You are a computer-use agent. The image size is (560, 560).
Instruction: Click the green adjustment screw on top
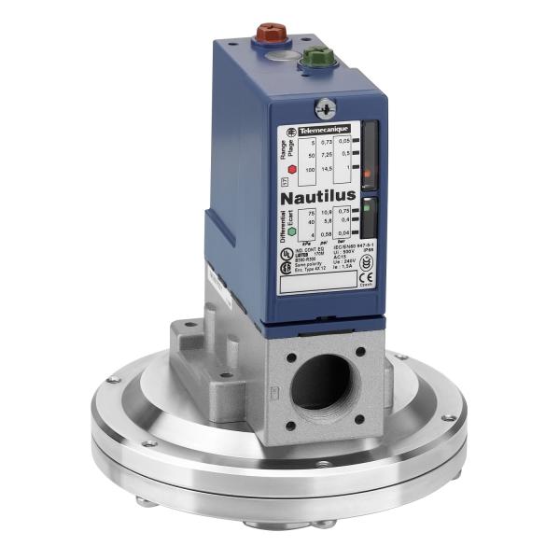pos(318,57)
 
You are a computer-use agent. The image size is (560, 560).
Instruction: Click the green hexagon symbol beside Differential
pos(265,231)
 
